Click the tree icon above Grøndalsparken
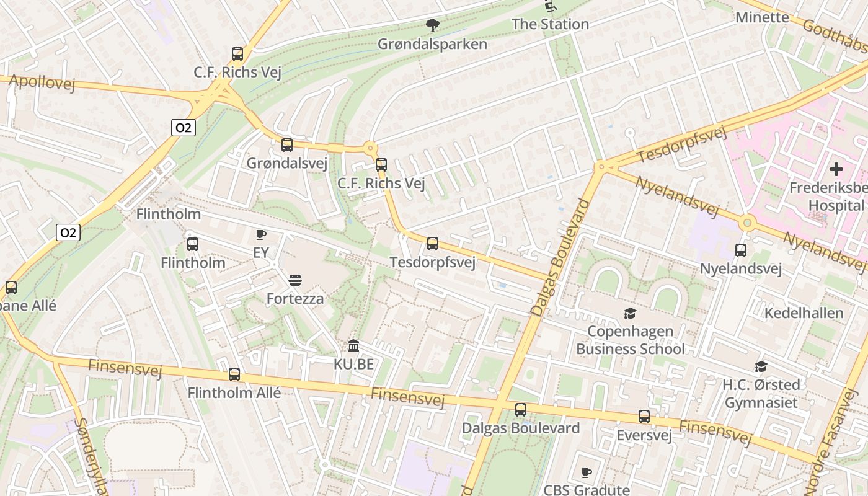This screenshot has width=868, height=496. tap(433, 25)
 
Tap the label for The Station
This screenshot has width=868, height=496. tap(550, 24)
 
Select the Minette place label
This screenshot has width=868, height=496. tap(762, 17)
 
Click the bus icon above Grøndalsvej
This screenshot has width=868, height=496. tap(286, 145)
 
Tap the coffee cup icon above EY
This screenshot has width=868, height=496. tap(261, 234)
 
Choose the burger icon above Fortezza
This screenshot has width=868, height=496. tap(295, 280)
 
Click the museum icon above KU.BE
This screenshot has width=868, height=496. tap(353, 345)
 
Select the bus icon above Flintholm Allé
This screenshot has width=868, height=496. tap(234, 374)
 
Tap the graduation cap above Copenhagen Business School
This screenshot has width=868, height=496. tap(630, 313)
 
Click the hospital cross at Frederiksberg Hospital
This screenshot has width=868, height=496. tap(836, 169)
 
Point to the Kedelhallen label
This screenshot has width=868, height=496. tap(804, 312)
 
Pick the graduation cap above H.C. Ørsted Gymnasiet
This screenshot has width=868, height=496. tap(761, 366)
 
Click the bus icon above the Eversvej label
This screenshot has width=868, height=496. tap(644, 417)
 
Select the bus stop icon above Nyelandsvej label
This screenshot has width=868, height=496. tap(740, 250)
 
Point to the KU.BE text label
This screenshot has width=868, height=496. tap(354, 364)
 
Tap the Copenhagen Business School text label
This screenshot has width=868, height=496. tap(631, 340)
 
